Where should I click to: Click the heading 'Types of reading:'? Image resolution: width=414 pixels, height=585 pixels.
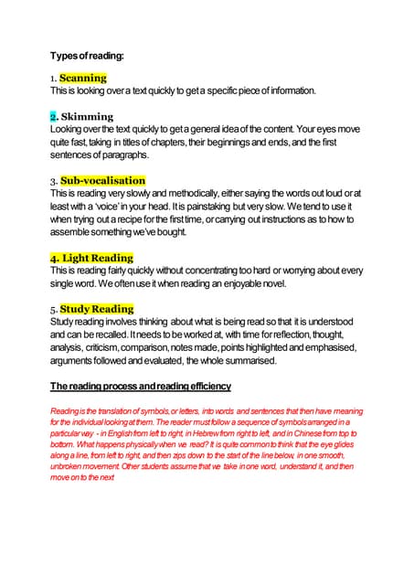click(88, 56)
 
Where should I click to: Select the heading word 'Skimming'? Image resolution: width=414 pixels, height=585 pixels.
click(88, 117)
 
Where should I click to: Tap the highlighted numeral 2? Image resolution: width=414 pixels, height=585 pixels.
click(54, 117)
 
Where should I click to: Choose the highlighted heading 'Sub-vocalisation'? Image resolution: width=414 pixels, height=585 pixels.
click(102, 180)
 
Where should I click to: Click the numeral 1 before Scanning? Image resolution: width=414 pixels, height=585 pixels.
click(53, 79)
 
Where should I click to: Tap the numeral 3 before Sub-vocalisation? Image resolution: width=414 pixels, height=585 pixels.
click(53, 181)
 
